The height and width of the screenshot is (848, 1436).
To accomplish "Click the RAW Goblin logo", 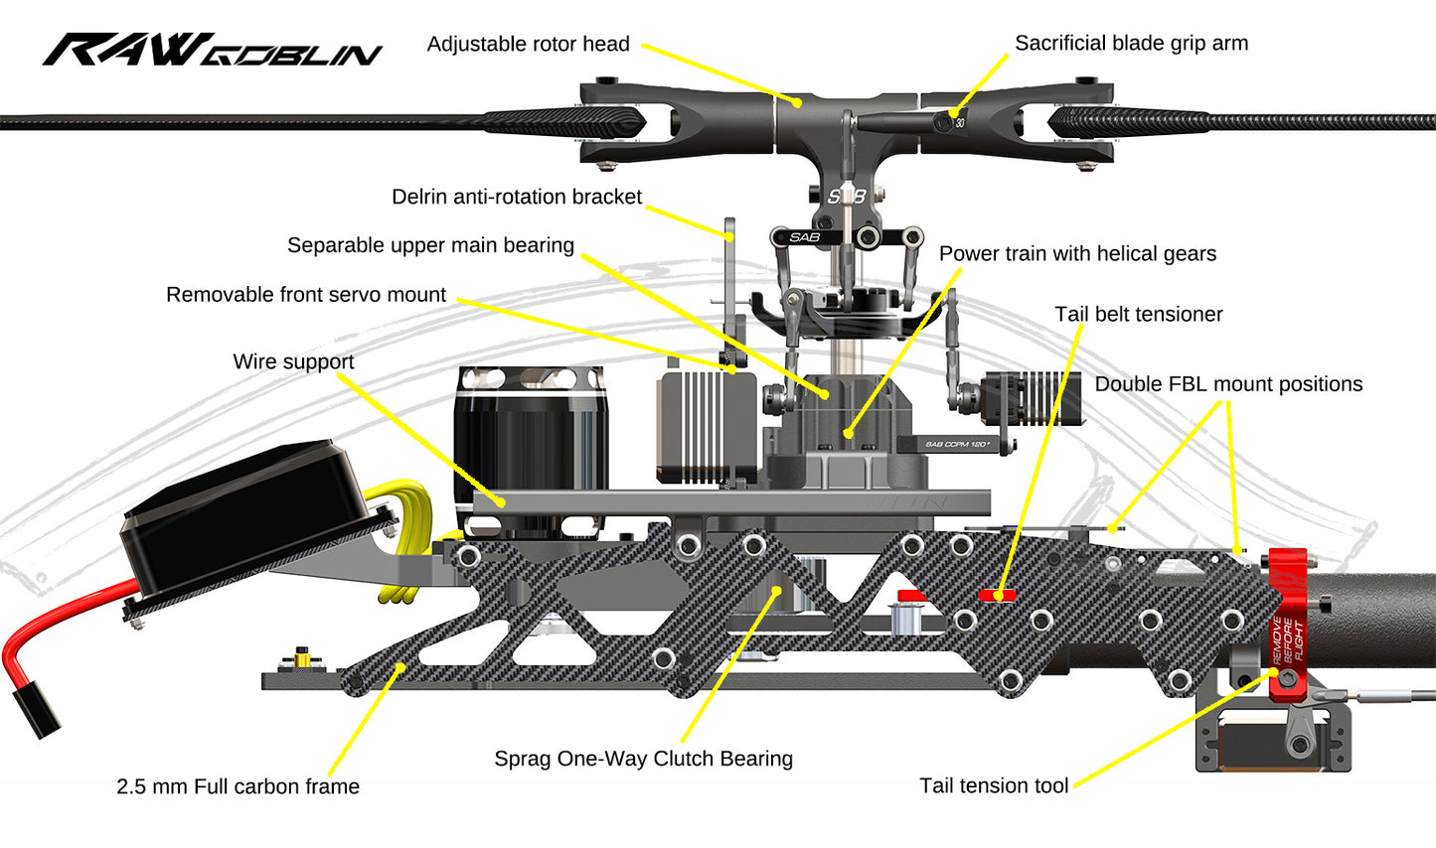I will [x=212, y=50].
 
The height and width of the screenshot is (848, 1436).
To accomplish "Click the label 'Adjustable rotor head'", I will [x=528, y=45].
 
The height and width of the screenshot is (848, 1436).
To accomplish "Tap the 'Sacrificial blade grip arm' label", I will [x=1131, y=44].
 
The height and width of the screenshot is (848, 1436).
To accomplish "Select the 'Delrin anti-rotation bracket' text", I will [x=517, y=198].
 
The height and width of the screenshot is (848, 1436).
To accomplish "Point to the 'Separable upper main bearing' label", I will [x=430, y=245].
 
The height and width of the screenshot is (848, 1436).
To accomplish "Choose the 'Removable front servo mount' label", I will [x=306, y=295].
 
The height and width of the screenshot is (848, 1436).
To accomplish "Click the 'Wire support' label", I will [x=293, y=361].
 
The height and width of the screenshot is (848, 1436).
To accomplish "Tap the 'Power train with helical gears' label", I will [x=1077, y=254].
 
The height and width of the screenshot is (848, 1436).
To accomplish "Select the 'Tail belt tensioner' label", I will [x=1138, y=315].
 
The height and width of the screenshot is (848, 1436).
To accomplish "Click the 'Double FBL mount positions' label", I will [x=1228, y=384].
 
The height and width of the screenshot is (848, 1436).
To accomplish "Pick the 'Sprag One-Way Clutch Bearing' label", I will [x=643, y=759].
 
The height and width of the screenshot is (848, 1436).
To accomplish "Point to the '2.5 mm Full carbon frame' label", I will [x=238, y=786].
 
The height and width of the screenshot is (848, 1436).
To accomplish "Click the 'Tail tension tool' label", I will [x=994, y=785].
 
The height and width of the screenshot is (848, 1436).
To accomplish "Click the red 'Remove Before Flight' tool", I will [x=1288, y=626].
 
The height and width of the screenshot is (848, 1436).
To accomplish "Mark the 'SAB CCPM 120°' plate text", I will [x=956, y=444].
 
